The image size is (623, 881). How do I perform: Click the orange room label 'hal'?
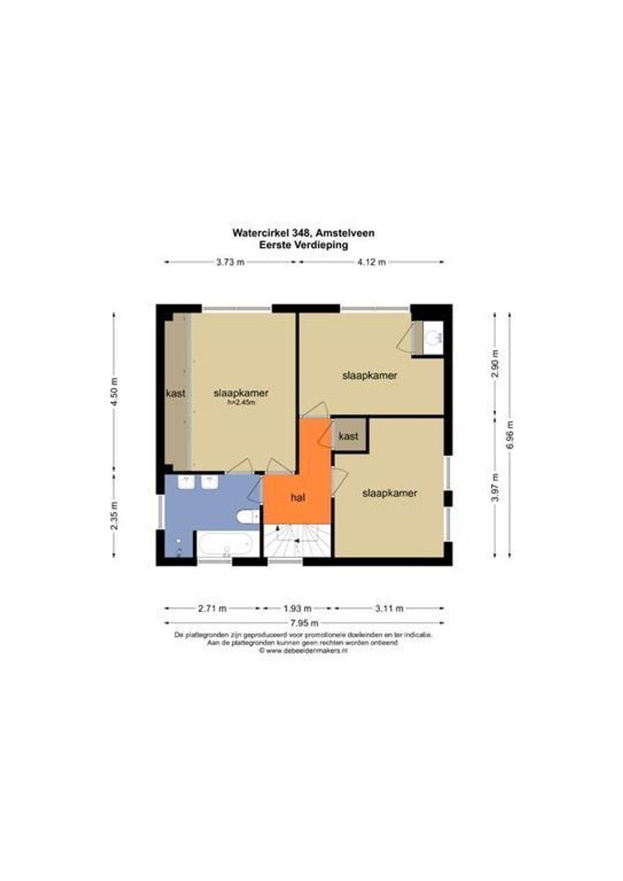click(298, 498)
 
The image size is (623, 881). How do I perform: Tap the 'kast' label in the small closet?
click(349, 436)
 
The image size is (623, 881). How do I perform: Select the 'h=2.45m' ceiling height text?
click(241, 402)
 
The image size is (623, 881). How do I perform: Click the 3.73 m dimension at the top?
click(230, 262)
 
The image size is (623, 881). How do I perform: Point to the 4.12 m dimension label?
click(371, 262)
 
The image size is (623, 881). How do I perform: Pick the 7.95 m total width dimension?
click(304, 623)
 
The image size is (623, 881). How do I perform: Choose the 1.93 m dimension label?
click(298, 608)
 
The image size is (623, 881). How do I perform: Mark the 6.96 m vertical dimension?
click(510, 435)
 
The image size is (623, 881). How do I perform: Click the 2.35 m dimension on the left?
click(114, 516)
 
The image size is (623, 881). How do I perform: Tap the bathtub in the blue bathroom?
click(228, 543)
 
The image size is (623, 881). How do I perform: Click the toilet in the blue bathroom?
click(248, 516)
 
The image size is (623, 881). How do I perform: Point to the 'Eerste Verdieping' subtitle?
click(303, 245)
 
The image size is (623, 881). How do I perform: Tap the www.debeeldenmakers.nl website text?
click(303, 650)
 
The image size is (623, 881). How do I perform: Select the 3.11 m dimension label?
click(389, 608)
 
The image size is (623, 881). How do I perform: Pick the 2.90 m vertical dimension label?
click(495, 364)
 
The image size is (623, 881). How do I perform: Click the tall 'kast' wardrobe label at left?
click(176, 393)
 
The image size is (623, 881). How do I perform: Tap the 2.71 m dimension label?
click(212, 608)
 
